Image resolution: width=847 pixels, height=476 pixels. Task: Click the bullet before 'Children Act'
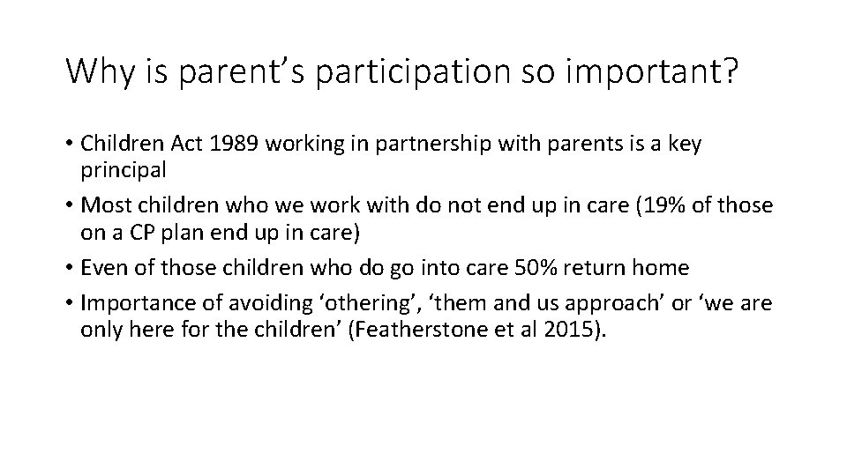coord(70,145)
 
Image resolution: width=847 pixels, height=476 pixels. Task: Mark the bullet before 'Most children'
coord(70,206)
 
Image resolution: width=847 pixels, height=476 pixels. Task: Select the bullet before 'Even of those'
coord(70,268)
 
